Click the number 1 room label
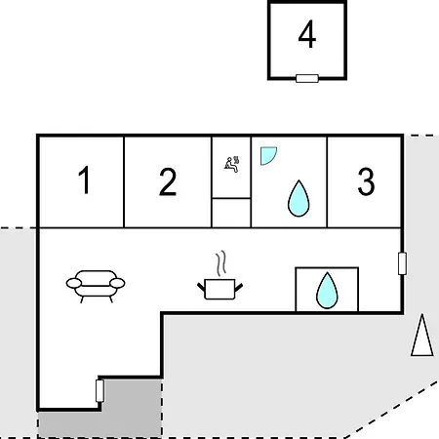[x=85, y=180]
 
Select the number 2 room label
[x=168, y=181]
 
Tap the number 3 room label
[x=366, y=181]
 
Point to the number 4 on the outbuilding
[x=307, y=34]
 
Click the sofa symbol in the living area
[x=96, y=286]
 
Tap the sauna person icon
[x=232, y=164]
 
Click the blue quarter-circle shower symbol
[x=267, y=155]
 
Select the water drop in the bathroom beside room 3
[x=299, y=199]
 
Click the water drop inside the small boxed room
[x=327, y=291]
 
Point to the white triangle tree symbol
[x=422, y=335]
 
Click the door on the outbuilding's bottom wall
[x=307, y=78]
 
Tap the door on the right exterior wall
[x=402, y=263]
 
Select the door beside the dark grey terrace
[x=100, y=391]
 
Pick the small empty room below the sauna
[x=231, y=213]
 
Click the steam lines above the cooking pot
[x=221, y=263]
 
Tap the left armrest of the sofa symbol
[x=74, y=283]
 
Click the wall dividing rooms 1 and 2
[x=124, y=182]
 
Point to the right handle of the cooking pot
[x=239, y=288]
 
